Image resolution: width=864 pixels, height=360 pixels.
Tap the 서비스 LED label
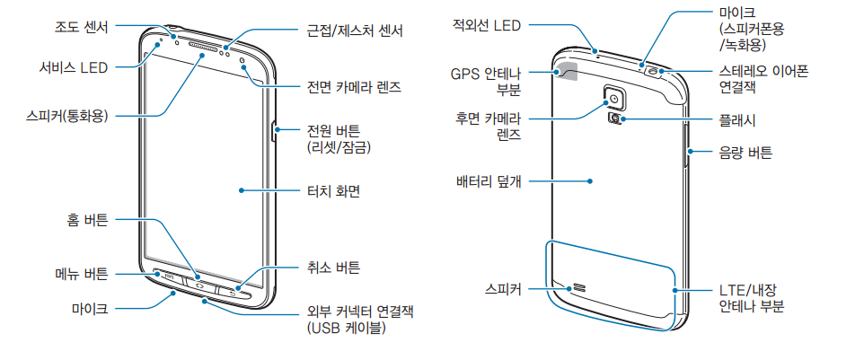[74, 67]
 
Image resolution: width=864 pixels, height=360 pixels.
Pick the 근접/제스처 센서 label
[354, 31]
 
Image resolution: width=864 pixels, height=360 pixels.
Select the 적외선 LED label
[487, 27]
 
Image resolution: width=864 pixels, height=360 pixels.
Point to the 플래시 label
[736, 118]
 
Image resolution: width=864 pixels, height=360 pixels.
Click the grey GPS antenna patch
[569, 70]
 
